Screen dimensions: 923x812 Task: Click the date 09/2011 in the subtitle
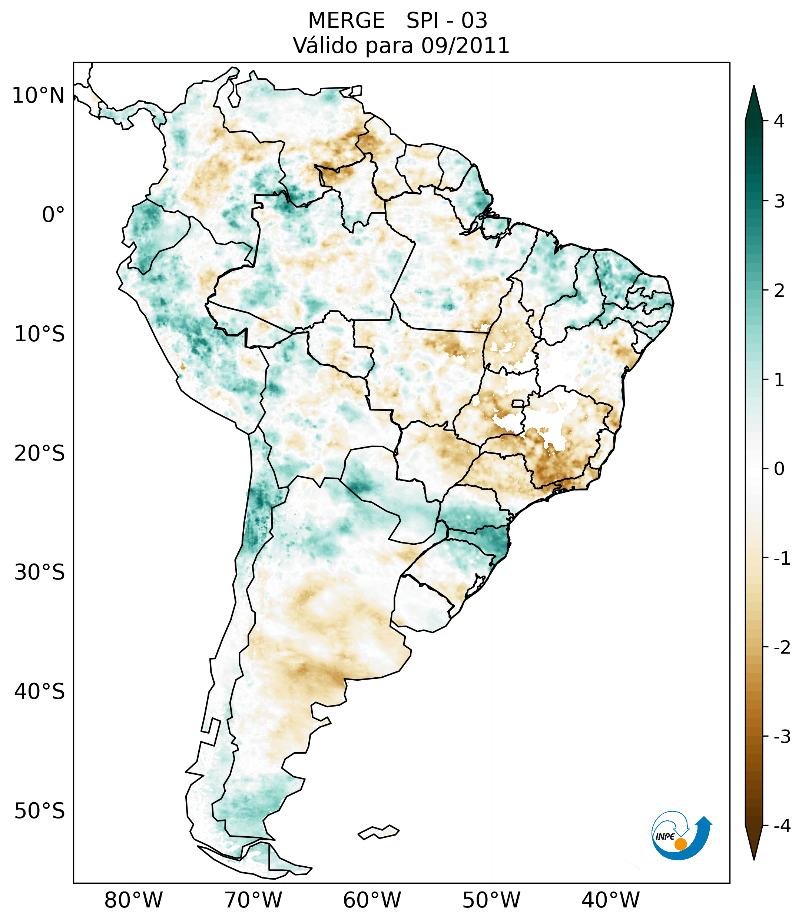click(x=465, y=46)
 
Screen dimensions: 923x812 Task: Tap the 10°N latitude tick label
click(x=39, y=96)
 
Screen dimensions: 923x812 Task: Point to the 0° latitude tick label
click(x=53, y=215)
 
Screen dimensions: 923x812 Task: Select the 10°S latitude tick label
click(x=40, y=334)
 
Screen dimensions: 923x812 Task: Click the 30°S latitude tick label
click(x=40, y=572)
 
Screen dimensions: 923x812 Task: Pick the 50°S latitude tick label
click(x=40, y=811)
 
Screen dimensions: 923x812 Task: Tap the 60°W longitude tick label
click(x=372, y=900)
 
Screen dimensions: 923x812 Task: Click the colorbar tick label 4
click(x=779, y=121)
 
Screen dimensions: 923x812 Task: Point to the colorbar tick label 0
click(x=779, y=469)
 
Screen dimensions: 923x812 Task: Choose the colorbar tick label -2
click(x=782, y=648)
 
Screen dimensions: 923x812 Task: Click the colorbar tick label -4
click(x=782, y=826)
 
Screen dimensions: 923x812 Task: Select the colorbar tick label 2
click(x=779, y=291)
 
